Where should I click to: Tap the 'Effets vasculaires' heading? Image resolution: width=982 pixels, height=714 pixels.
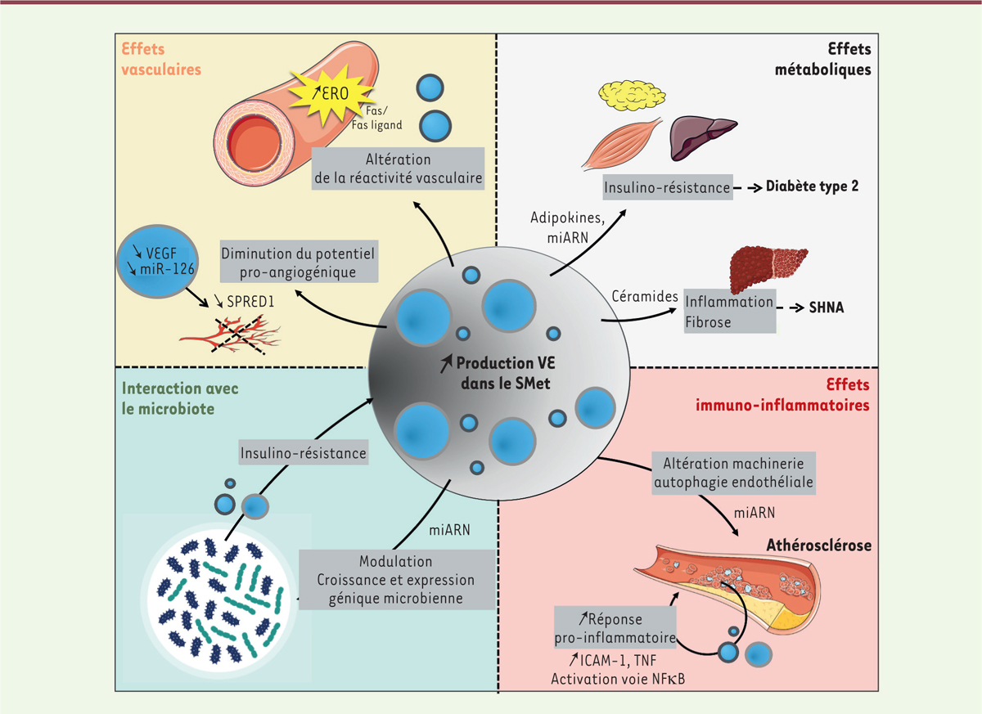pyautogui.click(x=161, y=60)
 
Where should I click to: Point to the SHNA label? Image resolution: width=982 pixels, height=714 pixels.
pyautogui.click(x=828, y=308)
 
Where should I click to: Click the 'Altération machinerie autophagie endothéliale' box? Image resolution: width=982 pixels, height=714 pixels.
pyautogui.click(x=732, y=473)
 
